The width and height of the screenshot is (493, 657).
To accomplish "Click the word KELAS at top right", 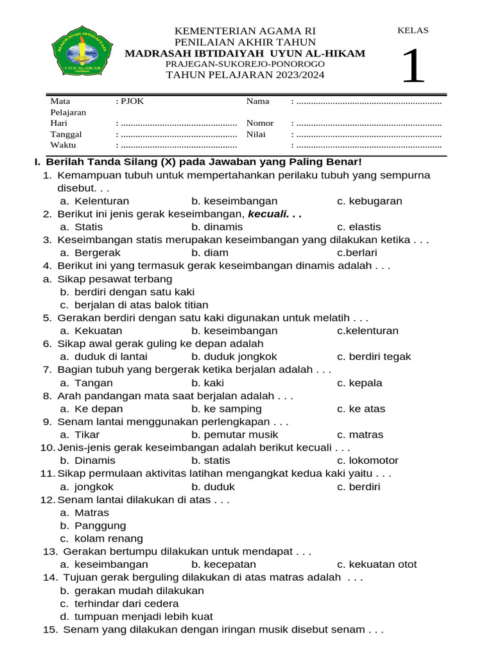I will point(413,30).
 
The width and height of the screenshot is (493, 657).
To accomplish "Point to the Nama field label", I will point(258,101).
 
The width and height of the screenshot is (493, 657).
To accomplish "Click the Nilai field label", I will point(256,134).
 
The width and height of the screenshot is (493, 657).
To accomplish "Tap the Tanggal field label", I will point(66,134).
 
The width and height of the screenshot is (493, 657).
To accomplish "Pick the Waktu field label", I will point(63,145).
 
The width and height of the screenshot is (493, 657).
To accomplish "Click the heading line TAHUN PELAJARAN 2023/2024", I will point(245,75).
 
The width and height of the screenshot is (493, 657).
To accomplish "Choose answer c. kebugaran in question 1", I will point(370,201).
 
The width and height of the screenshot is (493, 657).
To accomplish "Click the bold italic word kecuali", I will point(274,214).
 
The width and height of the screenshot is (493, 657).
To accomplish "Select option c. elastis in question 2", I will point(359,226).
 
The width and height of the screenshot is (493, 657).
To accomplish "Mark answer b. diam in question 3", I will point(210,253).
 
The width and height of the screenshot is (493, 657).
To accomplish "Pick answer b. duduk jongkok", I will point(234,357).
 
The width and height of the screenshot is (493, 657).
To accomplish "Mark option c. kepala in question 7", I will point(359,383).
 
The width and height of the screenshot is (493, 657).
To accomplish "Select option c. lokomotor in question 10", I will point(368,461).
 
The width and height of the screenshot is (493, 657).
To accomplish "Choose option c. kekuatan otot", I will point(377,565).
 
